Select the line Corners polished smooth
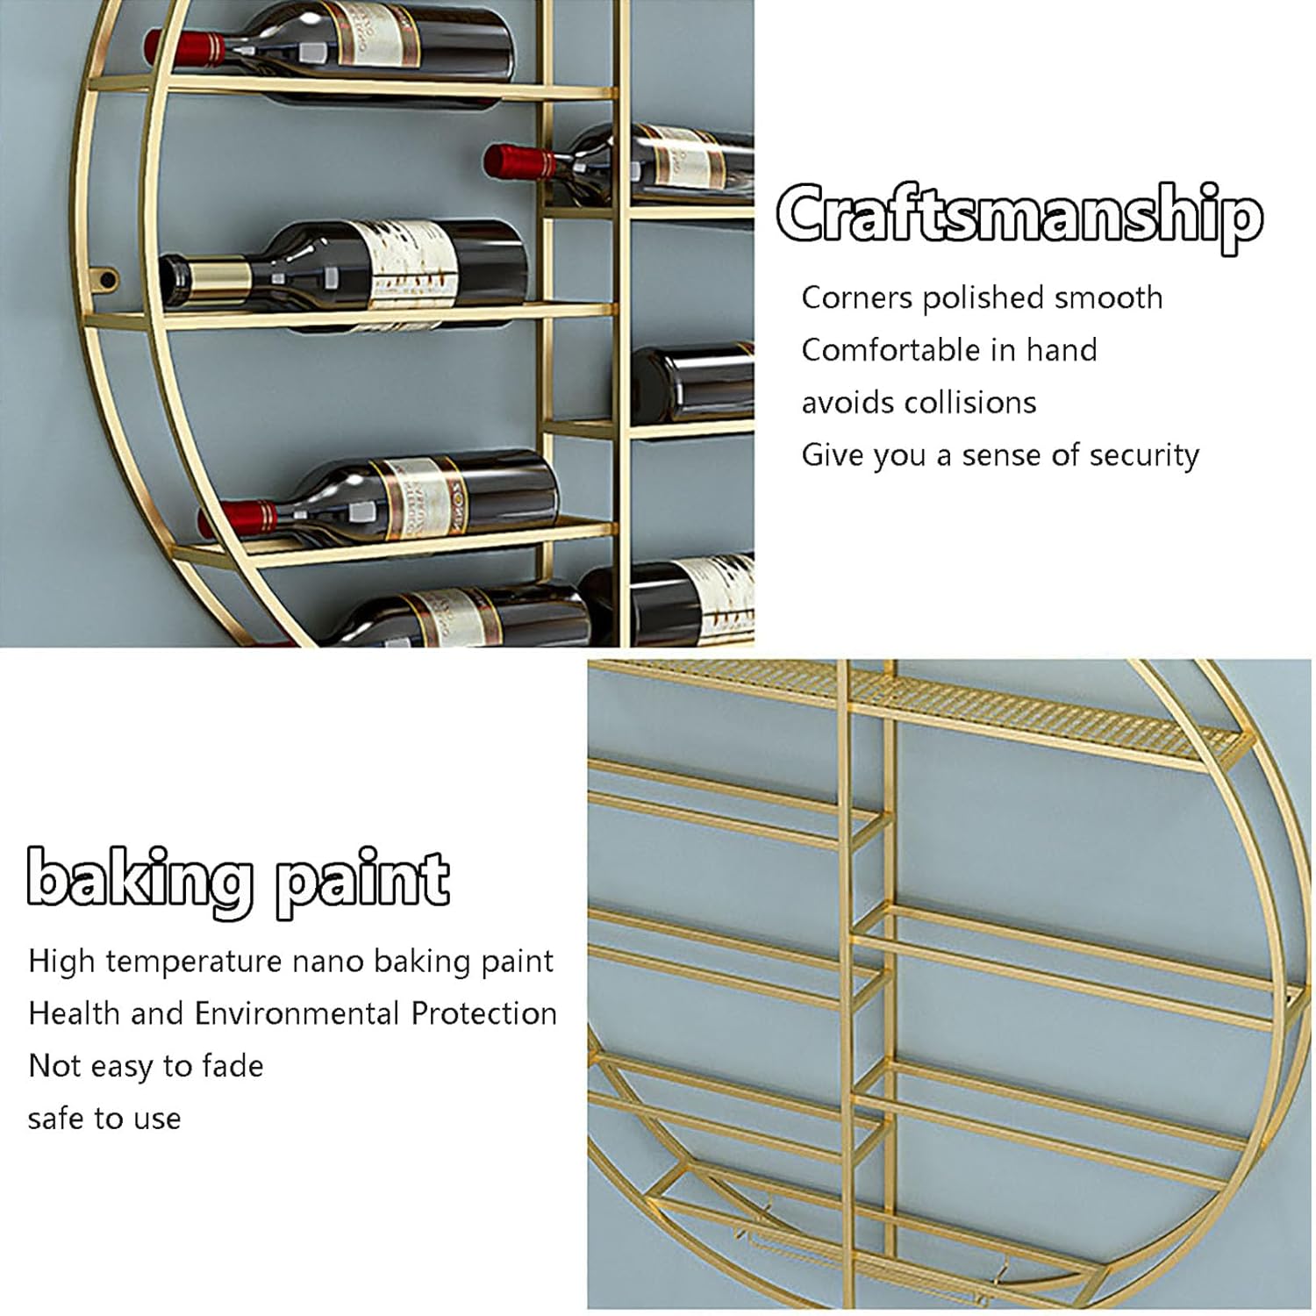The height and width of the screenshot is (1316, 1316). click(x=982, y=298)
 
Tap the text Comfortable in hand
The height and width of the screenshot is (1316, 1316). click(x=948, y=350)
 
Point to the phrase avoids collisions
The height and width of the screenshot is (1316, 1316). click(x=919, y=403)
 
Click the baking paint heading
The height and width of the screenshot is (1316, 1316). click(x=238, y=880)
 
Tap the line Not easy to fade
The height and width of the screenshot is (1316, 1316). click(x=146, y=1066)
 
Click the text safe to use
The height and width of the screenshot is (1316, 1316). click(x=104, y=1119)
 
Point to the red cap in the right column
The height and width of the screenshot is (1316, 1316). click(x=516, y=162)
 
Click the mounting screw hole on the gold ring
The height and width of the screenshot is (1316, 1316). click(x=108, y=280)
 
